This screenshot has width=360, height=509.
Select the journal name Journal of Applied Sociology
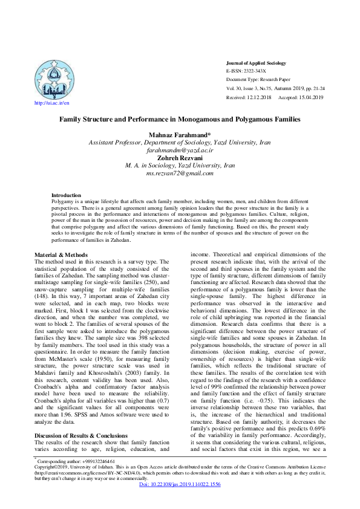256,63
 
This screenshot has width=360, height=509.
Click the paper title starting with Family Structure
180,120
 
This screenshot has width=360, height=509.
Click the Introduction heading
66,195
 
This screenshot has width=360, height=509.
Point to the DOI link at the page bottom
180,501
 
